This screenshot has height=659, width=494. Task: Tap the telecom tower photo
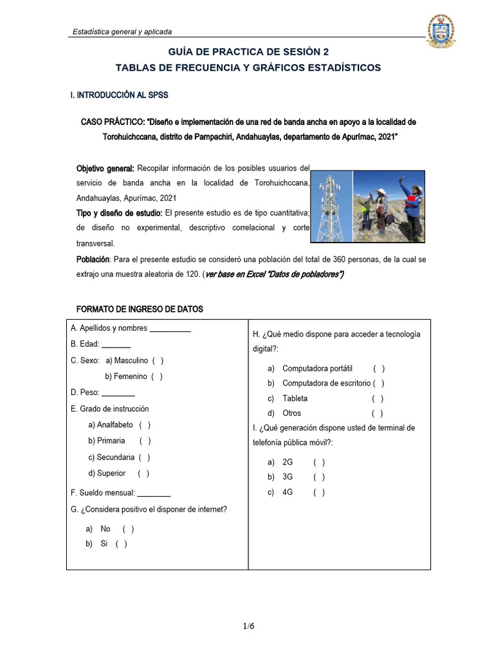click(x=332, y=206)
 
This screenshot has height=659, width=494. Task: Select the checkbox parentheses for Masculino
click(x=158, y=361)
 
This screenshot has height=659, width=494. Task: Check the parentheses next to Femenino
click(x=156, y=376)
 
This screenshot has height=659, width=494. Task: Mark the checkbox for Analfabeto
click(x=145, y=425)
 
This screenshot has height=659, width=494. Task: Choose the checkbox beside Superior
click(x=143, y=474)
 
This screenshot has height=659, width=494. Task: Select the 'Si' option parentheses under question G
click(x=121, y=544)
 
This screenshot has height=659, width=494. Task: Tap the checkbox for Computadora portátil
click(x=378, y=369)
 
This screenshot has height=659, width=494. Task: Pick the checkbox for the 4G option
click(x=319, y=493)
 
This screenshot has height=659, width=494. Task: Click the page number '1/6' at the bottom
click(x=249, y=626)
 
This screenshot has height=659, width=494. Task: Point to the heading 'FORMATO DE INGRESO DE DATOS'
click(x=140, y=310)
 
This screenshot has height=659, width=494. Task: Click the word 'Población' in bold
click(x=93, y=259)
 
